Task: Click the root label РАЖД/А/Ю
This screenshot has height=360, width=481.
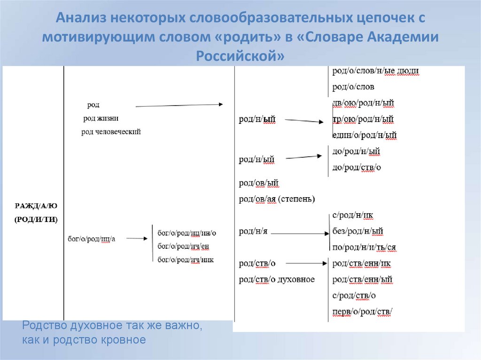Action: (x=36, y=206)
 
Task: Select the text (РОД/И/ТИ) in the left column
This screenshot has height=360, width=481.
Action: (x=36, y=219)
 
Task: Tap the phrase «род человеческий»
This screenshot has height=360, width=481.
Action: (x=111, y=132)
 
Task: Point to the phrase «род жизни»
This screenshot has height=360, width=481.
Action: (x=101, y=118)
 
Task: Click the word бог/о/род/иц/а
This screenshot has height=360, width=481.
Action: (x=91, y=239)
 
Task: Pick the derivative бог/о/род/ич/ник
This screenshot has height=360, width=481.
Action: (x=186, y=259)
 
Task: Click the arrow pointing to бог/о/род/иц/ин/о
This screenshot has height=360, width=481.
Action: (x=137, y=238)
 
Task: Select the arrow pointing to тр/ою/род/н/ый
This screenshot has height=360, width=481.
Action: (x=303, y=121)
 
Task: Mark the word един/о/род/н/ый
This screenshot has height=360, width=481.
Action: (x=364, y=136)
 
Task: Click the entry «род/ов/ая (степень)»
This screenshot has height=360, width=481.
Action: (x=277, y=199)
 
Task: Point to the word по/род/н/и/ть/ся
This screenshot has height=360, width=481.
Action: (x=364, y=247)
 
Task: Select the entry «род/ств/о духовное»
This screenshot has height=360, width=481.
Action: (x=277, y=280)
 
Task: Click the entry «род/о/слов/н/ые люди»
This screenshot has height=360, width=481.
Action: (x=375, y=71)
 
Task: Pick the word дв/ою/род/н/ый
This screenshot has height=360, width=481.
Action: (x=363, y=103)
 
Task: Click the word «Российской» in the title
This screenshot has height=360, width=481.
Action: (x=240, y=56)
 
